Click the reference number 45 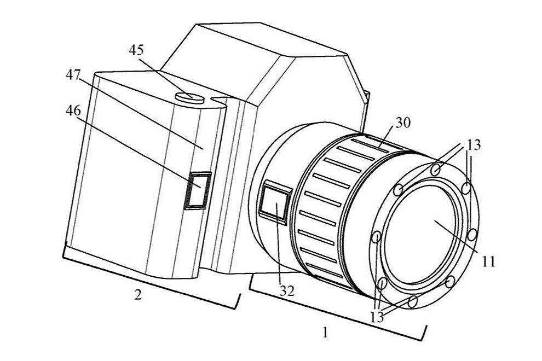pyautogui.click(x=136, y=50)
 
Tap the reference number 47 pyautogui.click(x=73, y=74)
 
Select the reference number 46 pyautogui.click(x=73, y=110)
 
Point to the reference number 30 pyautogui.click(x=403, y=123)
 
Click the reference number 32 pyautogui.click(x=287, y=291)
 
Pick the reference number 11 pyautogui.click(x=488, y=262)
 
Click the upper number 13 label pyautogui.click(x=474, y=145)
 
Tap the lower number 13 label pyautogui.click(x=377, y=317)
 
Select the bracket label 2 pyautogui.click(x=137, y=295)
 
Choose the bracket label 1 pyautogui.click(x=324, y=333)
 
